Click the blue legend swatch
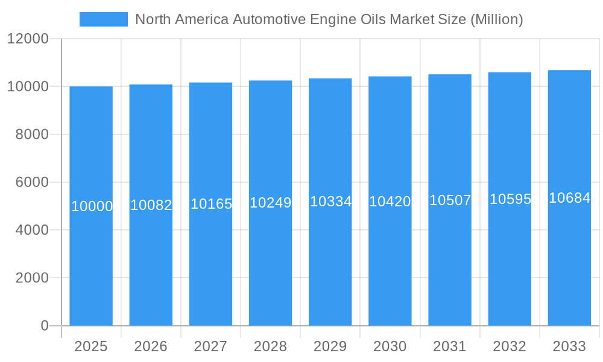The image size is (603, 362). [103, 19]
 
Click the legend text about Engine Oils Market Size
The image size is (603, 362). [329, 19]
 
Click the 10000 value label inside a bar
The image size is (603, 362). [92, 206]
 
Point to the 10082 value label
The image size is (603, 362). [151, 205]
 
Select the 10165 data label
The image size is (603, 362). [211, 204]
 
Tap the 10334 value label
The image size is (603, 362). [330, 202]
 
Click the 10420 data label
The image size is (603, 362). [390, 202]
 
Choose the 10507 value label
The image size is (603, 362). [450, 200]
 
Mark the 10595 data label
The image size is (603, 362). [510, 199]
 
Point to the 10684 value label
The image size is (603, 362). [569, 198]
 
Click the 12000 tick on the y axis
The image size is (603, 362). [27, 39]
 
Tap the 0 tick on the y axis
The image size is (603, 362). [45, 326]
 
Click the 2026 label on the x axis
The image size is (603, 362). [151, 346]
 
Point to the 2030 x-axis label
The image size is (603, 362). [390, 346]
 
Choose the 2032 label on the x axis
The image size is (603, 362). [510, 346]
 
